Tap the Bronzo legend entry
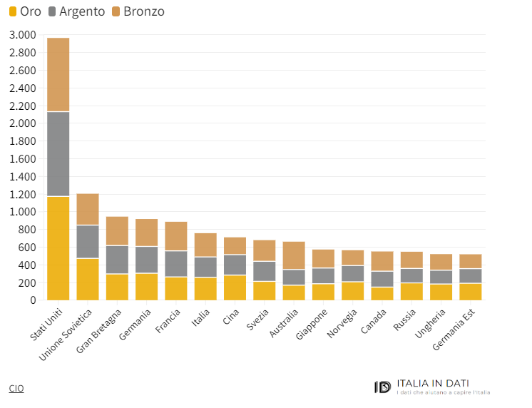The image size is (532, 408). (x=143, y=12)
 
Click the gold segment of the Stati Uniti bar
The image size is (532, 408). (x=58, y=248)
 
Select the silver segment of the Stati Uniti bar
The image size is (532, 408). (x=58, y=154)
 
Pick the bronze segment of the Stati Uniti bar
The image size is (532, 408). (x=58, y=75)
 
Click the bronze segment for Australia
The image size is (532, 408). (x=294, y=255)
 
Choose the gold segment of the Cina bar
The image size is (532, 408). (x=235, y=287)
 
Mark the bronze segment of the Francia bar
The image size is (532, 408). (x=176, y=236)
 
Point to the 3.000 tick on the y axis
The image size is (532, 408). (x=22, y=35)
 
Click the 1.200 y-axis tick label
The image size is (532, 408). (x=22, y=194)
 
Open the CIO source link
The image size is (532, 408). (x=16, y=388)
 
